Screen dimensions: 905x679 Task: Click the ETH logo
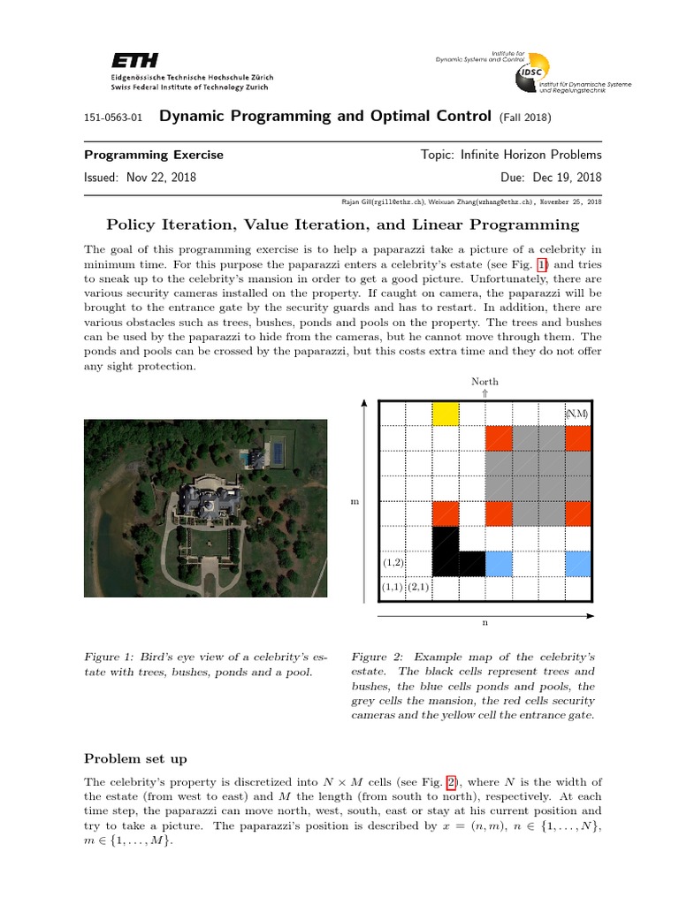pyautogui.click(x=134, y=60)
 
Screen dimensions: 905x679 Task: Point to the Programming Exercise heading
pyautogui.click(x=153, y=155)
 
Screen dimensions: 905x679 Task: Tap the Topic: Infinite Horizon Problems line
pyautogui.click(x=511, y=155)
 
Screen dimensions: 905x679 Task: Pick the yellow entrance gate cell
pyautogui.click(x=445, y=414)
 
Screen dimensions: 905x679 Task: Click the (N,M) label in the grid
pyautogui.click(x=577, y=414)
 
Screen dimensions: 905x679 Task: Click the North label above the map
pyautogui.click(x=484, y=382)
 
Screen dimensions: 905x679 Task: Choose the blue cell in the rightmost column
pyautogui.click(x=577, y=562)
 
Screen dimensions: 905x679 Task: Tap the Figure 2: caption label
pyautogui.click(x=378, y=657)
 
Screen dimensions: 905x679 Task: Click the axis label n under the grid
pyautogui.click(x=484, y=623)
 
